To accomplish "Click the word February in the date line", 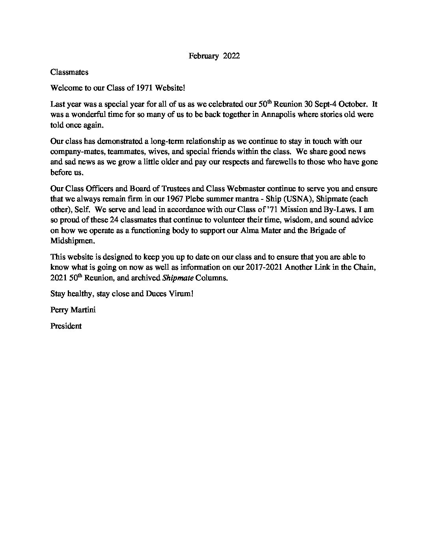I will [x=203, y=56].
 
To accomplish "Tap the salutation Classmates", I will [x=69, y=72].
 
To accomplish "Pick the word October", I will [x=354, y=104].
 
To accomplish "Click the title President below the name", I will [x=66, y=326].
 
